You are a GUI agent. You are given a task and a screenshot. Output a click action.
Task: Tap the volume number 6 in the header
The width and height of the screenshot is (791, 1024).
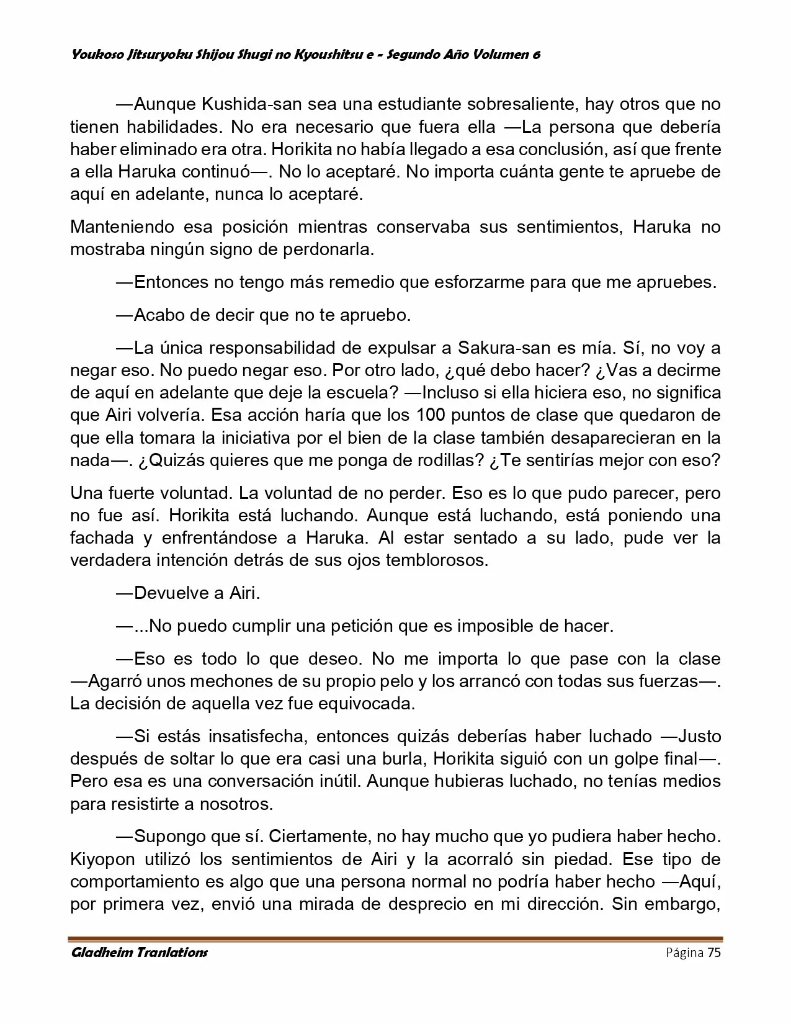535,55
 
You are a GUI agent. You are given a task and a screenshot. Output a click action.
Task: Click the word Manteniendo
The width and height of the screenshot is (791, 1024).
122,227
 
